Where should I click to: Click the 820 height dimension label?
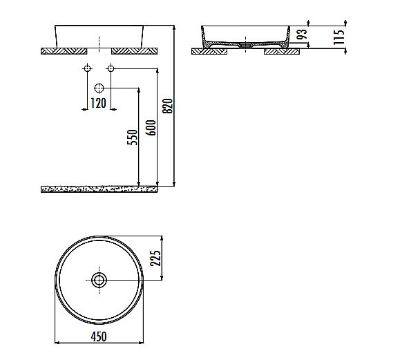pyautogui.click(x=166, y=105)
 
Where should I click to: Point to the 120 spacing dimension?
pyautogui.click(x=98, y=104)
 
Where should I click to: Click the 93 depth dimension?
pyautogui.click(x=300, y=36)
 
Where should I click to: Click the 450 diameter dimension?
pyautogui.click(x=99, y=336)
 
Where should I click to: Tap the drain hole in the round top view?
pyautogui.click(x=99, y=280)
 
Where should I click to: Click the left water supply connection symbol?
pyautogui.click(x=87, y=69)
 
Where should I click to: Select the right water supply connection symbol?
pyautogui.click(x=110, y=69)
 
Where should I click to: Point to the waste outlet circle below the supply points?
pyautogui.click(x=99, y=88)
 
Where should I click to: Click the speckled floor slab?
pyautogui.click(x=100, y=187)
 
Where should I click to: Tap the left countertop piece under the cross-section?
pyautogui.click(x=210, y=50)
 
